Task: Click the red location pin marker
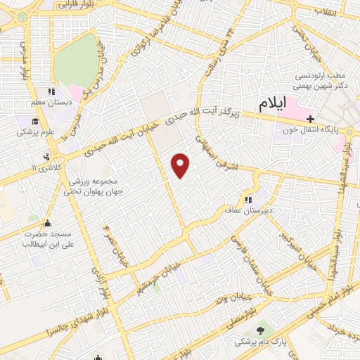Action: tap(181, 165)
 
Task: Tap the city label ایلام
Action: tap(274, 105)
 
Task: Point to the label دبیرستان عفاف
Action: tap(243, 209)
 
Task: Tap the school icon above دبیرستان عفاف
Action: tap(248, 198)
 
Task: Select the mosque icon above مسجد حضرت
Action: tap(49, 224)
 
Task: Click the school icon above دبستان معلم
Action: tap(51, 91)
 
